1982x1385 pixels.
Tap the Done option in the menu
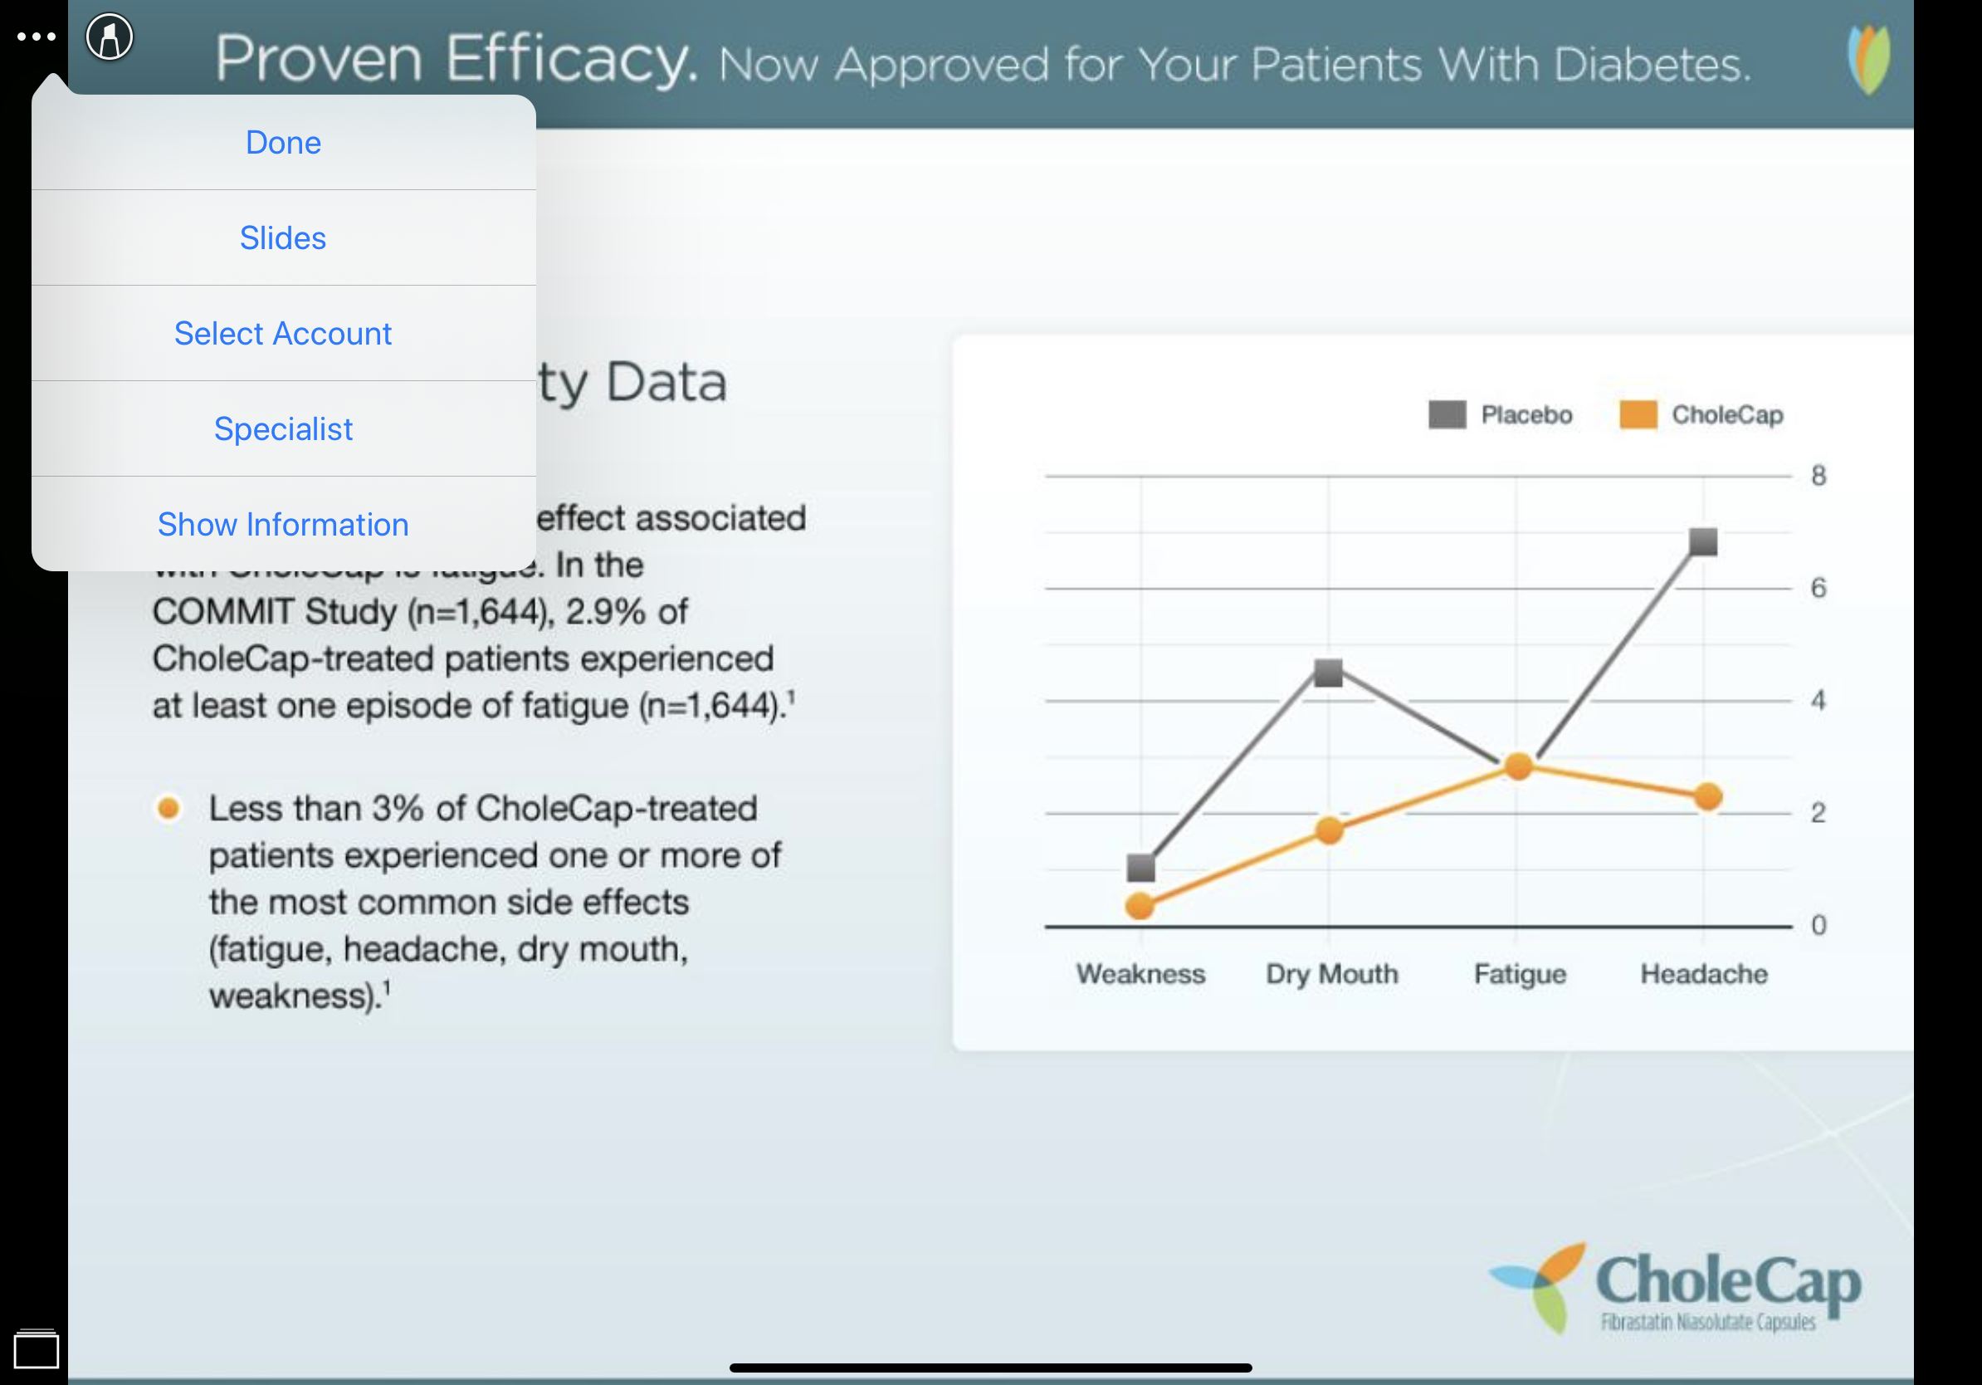[x=283, y=143]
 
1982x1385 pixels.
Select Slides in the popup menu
[x=283, y=238]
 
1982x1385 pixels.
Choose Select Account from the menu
[x=283, y=333]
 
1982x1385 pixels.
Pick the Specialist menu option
[x=283, y=429]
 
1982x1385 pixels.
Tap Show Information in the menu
[x=283, y=524]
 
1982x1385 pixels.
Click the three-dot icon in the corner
[x=37, y=37]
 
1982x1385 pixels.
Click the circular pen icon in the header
[x=110, y=37]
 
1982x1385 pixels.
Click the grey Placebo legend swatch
[x=1447, y=414]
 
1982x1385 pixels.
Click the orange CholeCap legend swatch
[x=1638, y=414]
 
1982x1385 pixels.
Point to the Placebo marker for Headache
[x=1703, y=542]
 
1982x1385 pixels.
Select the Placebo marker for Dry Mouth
[x=1328, y=672]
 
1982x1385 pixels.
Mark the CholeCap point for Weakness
[x=1140, y=906]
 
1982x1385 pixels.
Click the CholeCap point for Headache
[x=1707, y=796]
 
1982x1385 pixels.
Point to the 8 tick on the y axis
[x=1818, y=476]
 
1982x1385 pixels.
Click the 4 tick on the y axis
[x=1818, y=700]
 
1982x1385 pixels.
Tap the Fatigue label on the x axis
[x=1520, y=974]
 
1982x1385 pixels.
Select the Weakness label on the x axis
[x=1140, y=974]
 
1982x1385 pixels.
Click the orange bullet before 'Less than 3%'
[x=169, y=808]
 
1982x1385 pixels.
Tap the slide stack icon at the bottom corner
[x=37, y=1348]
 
